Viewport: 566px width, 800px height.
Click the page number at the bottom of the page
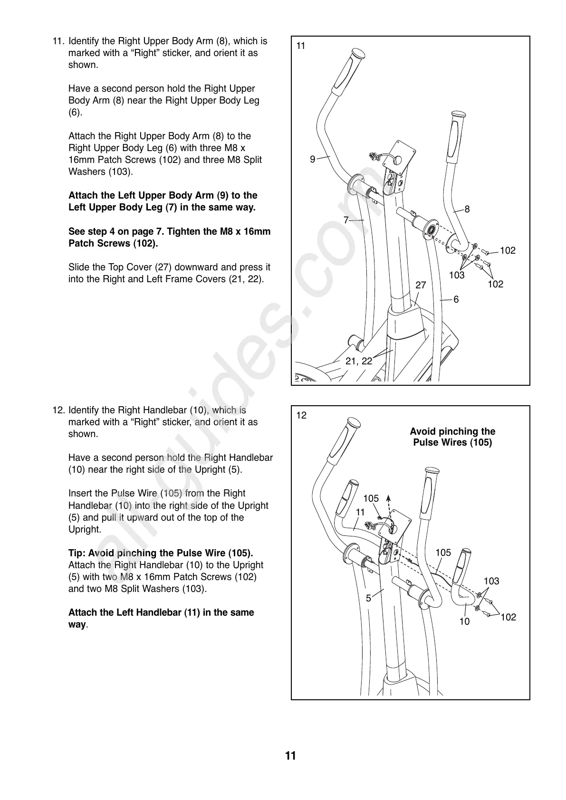coord(290,756)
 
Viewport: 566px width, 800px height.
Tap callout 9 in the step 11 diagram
coord(312,160)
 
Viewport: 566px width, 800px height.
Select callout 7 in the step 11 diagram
coord(346,220)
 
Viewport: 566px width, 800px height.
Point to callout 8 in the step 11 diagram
coord(467,209)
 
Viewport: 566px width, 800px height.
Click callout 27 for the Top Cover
coord(421,285)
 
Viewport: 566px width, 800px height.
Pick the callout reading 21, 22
coord(359,361)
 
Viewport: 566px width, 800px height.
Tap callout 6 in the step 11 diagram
coord(456,299)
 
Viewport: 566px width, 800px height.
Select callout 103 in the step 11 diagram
coord(457,275)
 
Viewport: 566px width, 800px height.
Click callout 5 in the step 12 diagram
coord(368,599)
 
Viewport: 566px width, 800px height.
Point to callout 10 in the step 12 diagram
coord(464,621)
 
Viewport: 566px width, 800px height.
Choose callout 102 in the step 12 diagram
coord(508,617)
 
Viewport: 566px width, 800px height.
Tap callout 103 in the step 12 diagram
coord(491,581)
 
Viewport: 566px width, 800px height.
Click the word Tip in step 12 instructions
coord(76,553)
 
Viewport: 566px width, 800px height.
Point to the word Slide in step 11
coord(79,267)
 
